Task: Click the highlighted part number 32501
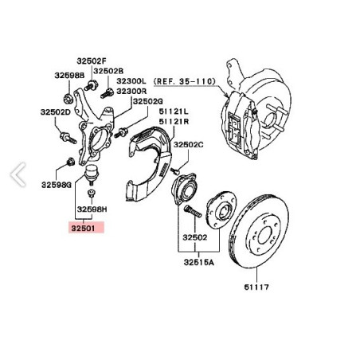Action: pos(83,228)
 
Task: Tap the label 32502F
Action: pos(92,61)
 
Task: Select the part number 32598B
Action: pos(69,76)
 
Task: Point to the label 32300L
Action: pos(131,81)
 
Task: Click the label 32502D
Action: pos(56,112)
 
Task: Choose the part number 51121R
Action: pos(174,122)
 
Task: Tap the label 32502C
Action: pos(189,145)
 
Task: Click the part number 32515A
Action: pos(199,262)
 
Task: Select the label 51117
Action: pos(256,287)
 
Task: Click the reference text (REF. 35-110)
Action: pos(185,81)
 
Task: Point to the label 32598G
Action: pos(57,185)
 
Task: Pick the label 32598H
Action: pos(92,209)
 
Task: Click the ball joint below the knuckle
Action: pos(92,174)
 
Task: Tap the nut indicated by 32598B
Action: pos(68,100)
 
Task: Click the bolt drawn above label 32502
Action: pos(193,212)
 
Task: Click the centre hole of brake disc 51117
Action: pos(264,236)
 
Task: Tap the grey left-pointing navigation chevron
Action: pos(18,174)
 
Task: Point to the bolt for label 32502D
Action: pos(68,138)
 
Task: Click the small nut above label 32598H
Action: pos(91,193)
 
